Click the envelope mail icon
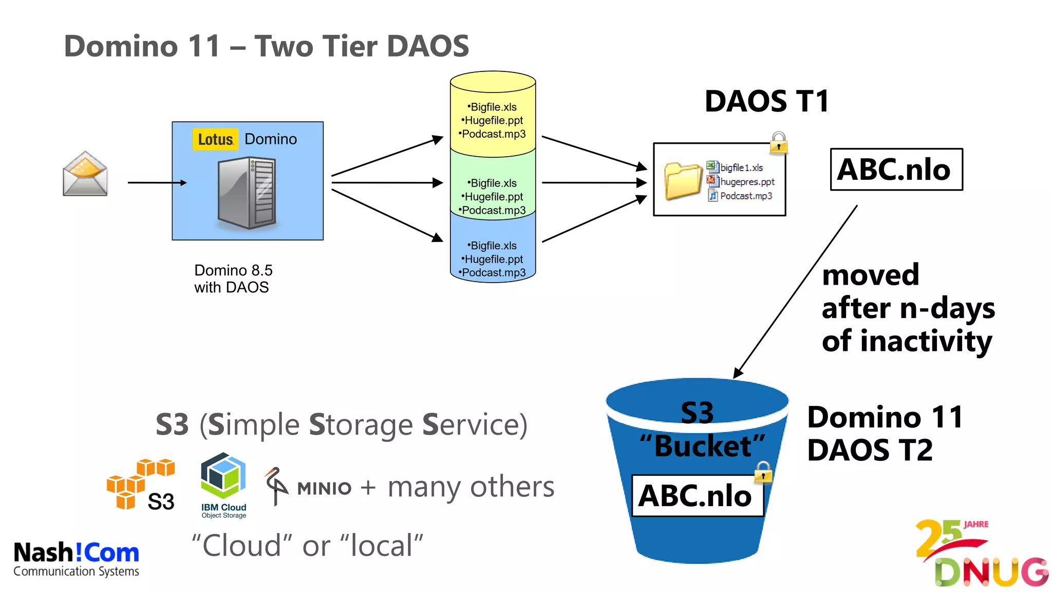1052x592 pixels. pos(85,174)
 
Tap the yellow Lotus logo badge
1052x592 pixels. pos(215,139)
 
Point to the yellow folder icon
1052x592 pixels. pos(683,180)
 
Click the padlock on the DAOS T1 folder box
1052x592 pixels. pos(779,142)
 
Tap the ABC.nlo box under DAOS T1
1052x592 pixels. pos(896,170)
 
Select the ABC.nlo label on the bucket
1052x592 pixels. pos(697,496)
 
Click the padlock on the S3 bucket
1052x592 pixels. pos(763,472)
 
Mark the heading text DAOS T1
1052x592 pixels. pos(766,101)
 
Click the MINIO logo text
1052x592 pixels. pos(324,488)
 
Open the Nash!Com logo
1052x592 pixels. pos(76,559)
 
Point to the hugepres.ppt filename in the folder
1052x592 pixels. pos(747,182)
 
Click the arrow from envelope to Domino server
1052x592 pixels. pos(157,182)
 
